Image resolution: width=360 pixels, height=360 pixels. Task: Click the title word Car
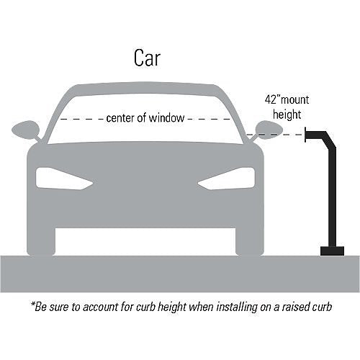[147, 58]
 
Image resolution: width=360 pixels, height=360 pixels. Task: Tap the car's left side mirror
[26, 130]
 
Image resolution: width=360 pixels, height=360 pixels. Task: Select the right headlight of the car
[226, 179]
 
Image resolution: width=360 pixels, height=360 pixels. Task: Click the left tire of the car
[41, 240]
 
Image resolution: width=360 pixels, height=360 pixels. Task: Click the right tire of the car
[250, 240]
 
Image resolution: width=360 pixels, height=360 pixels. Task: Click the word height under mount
[287, 114]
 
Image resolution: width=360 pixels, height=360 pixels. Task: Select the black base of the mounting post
[333, 251]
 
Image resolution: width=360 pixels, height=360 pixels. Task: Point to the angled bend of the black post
[330, 140]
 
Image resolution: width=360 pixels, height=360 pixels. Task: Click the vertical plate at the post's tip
[305, 135]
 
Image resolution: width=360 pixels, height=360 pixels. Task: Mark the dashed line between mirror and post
[276, 135]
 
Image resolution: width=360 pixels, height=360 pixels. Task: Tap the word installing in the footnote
[237, 307]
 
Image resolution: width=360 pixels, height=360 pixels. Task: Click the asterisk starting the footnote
[33, 304]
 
